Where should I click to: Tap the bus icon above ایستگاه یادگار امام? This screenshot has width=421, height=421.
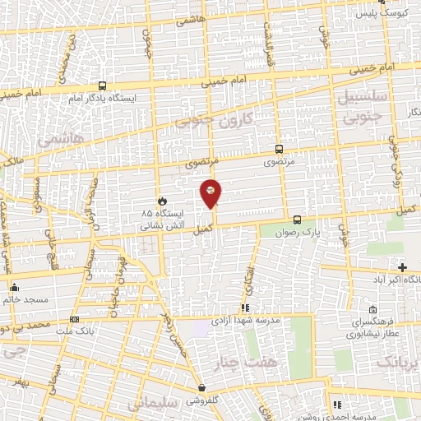click(x=102, y=86)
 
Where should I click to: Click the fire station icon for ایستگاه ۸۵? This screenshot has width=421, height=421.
click(x=162, y=200)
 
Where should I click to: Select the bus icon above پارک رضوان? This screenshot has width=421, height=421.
click(x=297, y=220)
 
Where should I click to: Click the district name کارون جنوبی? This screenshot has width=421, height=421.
click(x=215, y=120)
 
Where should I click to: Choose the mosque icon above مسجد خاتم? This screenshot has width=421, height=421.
click(x=14, y=287)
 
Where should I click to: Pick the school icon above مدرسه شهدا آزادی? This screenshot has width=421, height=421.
click(x=244, y=307)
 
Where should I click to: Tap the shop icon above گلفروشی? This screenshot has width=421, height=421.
click(x=201, y=387)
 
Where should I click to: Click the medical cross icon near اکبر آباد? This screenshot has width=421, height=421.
click(x=402, y=267)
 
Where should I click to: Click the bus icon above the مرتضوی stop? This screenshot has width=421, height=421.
click(x=279, y=150)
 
